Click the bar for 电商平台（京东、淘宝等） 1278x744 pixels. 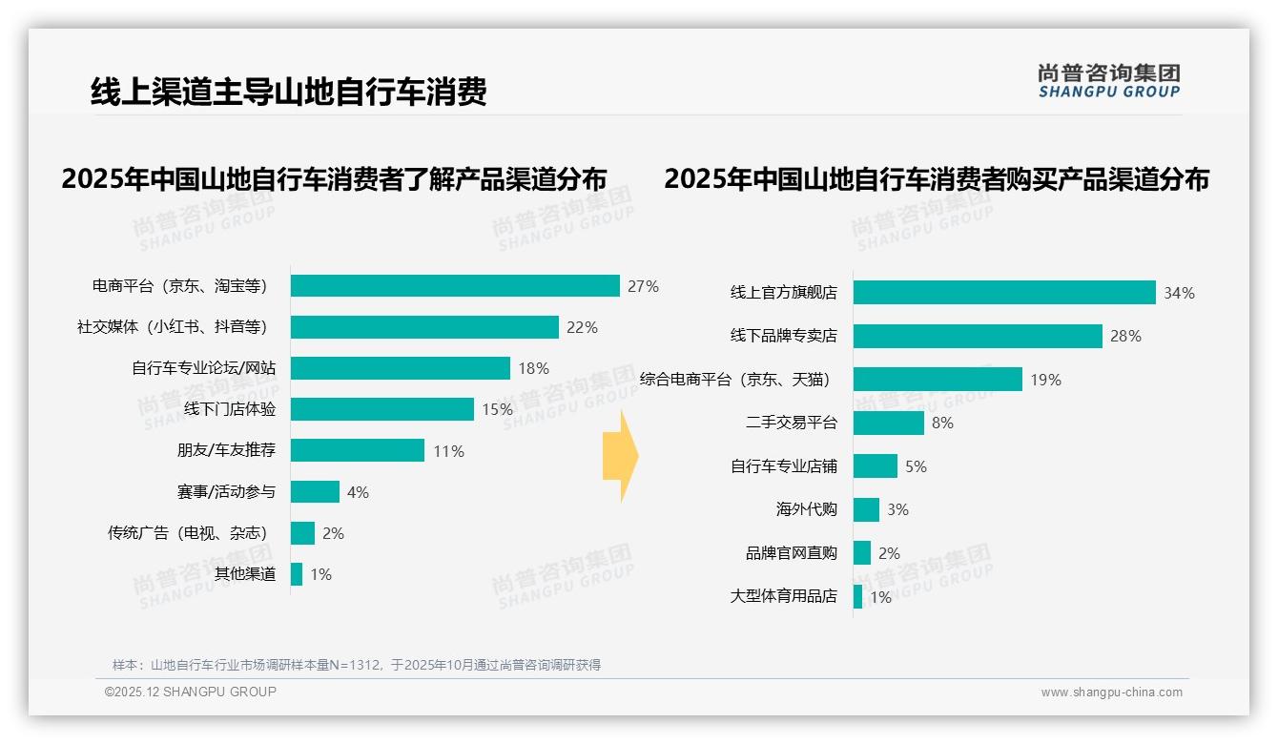[455, 286]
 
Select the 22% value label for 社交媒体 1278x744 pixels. [582, 327]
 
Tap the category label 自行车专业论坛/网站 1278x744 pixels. [203, 368]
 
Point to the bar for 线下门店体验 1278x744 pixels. [381, 409]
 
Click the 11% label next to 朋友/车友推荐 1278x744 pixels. [448, 451]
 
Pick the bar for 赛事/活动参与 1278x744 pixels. [315, 492]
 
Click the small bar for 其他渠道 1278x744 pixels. [297, 574]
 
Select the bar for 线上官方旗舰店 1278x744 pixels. [1004, 293]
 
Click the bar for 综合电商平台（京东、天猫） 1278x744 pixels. [938, 380]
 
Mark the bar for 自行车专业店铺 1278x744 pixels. [876, 466]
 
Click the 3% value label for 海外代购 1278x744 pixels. [897, 509]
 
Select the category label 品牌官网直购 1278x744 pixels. [791, 553]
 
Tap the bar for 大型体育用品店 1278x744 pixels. [858, 596]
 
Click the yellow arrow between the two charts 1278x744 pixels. [621, 456]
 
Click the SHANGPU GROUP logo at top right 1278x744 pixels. [1109, 81]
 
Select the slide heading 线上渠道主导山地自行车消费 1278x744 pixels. [289, 92]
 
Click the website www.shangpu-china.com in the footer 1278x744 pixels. [1111, 692]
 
